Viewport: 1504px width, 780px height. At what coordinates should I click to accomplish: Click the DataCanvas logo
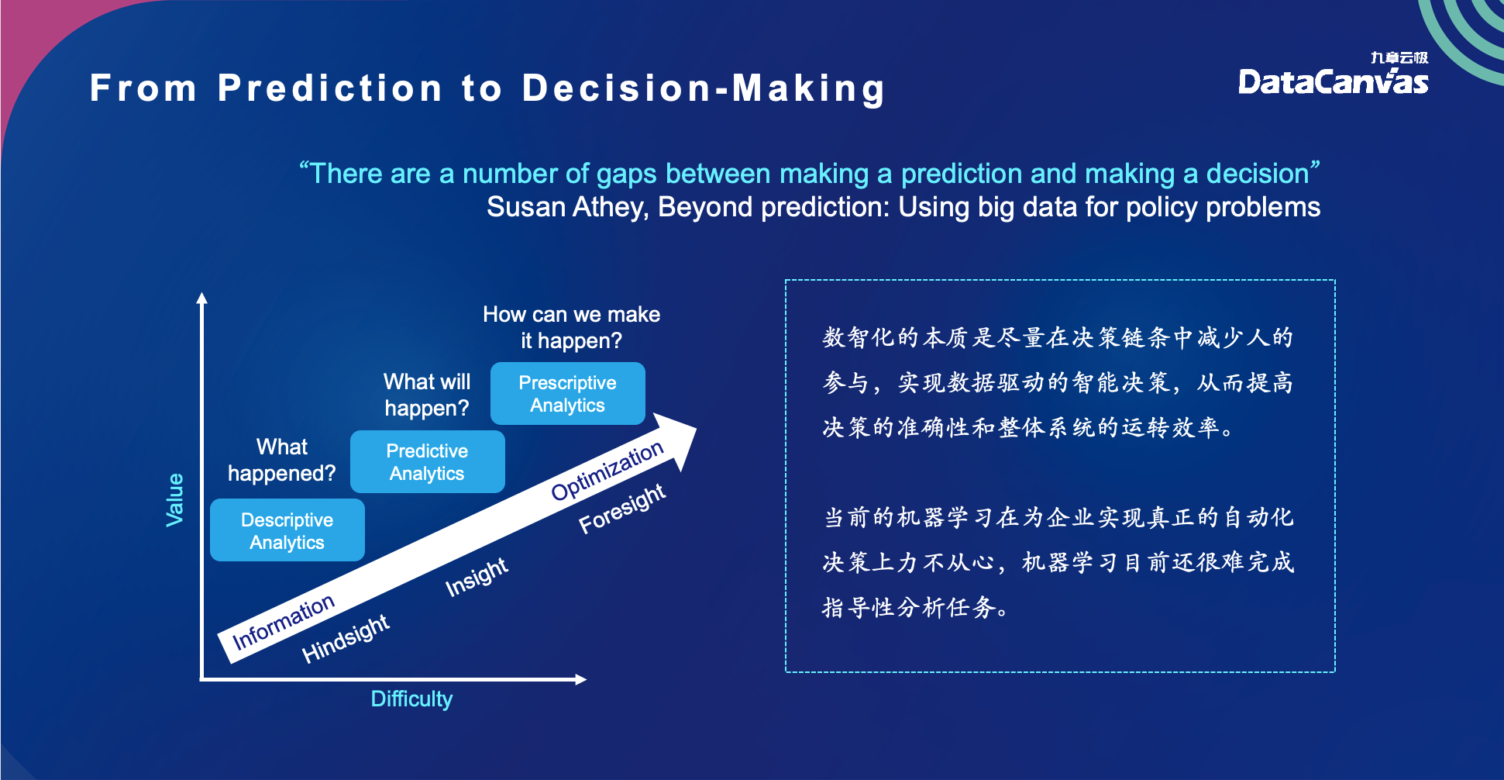[1333, 77]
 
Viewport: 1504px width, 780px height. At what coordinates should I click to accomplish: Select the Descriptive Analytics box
[287, 530]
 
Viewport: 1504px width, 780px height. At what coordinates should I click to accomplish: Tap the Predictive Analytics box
[427, 462]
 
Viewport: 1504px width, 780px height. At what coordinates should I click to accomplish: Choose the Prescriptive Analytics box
[567, 394]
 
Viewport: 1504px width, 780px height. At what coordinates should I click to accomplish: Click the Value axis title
[175, 500]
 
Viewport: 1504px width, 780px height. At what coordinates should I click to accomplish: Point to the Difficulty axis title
[411, 699]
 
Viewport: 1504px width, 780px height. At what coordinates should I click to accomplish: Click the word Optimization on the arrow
[607, 470]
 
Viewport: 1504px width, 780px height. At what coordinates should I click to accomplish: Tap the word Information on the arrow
[284, 622]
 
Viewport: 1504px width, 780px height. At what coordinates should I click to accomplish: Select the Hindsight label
[346, 638]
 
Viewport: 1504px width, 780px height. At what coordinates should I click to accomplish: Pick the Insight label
[477, 577]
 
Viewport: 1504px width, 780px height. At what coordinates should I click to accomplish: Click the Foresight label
[622, 508]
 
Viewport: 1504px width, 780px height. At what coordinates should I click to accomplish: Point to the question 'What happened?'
[282, 460]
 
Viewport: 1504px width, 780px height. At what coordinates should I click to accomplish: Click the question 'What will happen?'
[427, 395]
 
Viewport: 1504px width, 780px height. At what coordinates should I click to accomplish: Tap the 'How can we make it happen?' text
[571, 327]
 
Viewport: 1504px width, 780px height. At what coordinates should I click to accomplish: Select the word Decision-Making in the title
[703, 88]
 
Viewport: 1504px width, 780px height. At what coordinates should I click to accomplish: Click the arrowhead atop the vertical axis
[202, 299]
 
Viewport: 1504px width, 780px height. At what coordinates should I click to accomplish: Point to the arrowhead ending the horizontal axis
[580, 679]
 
